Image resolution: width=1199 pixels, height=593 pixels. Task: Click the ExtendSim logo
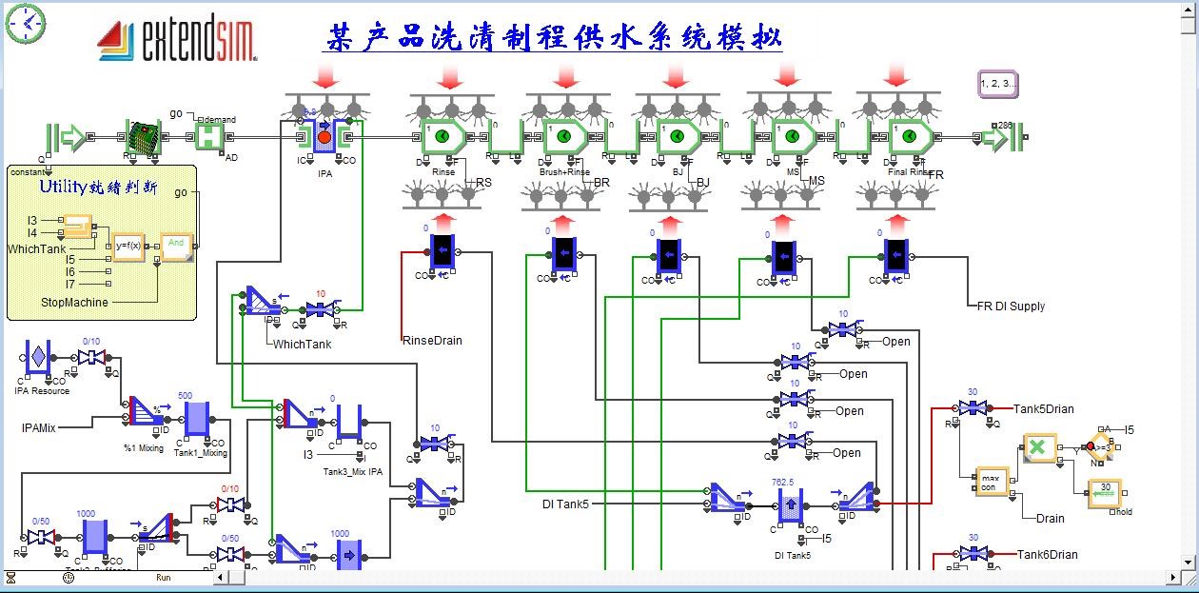point(177,40)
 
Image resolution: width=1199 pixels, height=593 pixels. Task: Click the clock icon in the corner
point(26,23)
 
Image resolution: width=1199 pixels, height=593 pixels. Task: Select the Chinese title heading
point(554,37)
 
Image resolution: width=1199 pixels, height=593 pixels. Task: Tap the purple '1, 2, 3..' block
point(997,84)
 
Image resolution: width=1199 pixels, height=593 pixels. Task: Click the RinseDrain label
point(432,340)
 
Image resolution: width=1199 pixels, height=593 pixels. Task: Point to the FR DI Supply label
point(1011,306)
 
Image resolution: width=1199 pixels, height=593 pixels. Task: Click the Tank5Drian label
point(1043,408)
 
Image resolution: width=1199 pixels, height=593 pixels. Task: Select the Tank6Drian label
point(1047,554)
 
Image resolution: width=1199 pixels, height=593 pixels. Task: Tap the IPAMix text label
point(39,427)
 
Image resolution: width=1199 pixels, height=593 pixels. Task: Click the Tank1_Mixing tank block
point(196,420)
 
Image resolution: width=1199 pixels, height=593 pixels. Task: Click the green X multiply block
point(1039,447)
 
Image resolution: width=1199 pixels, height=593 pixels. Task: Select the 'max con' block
point(991,481)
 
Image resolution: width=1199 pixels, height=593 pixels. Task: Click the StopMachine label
point(74,302)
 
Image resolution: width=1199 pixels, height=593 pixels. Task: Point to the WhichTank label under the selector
point(302,344)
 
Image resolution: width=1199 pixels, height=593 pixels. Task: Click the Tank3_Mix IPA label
point(352,471)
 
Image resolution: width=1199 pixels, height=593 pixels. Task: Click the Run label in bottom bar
point(164,577)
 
